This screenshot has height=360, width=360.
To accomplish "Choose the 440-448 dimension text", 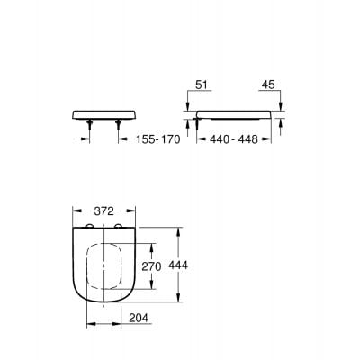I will [x=234, y=140].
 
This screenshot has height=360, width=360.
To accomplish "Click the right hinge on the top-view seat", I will [x=117, y=226].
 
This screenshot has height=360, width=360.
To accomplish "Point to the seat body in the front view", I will [x=103, y=116].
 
